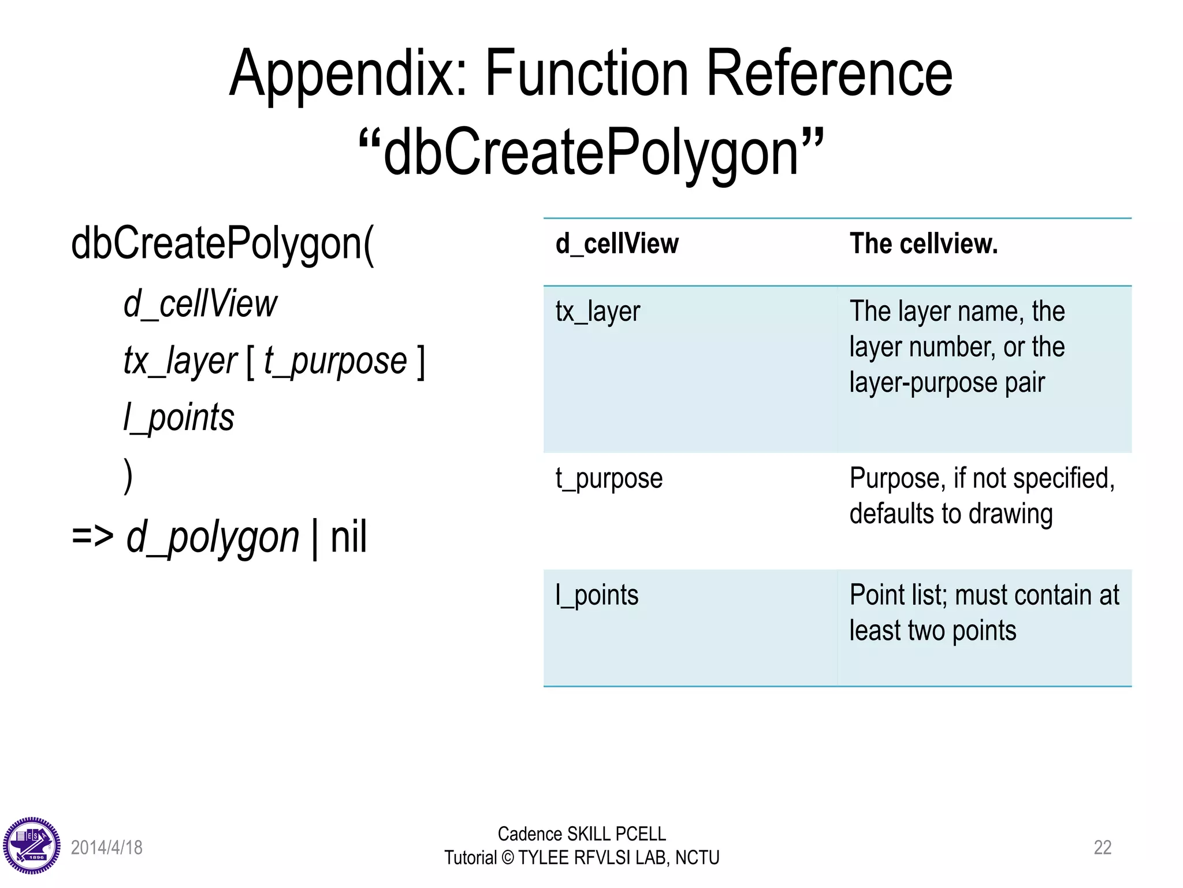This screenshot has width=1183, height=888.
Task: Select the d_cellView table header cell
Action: click(x=617, y=244)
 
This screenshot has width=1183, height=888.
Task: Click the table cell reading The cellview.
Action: click(x=923, y=244)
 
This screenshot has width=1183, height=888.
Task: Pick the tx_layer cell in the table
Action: click(x=598, y=312)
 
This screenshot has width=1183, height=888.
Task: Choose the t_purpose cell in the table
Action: click(x=609, y=479)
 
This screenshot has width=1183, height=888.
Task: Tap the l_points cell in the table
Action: click(x=597, y=595)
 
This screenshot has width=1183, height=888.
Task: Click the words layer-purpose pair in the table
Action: click(x=947, y=383)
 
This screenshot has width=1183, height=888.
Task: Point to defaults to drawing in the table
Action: click(x=951, y=514)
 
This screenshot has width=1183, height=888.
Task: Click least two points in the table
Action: click(x=932, y=631)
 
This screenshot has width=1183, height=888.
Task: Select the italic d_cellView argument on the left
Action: click(x=200, y=304)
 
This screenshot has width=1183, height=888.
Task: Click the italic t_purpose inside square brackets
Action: click(x=335, y=361)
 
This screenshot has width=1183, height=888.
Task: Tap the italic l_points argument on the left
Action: click(x=178, y=417)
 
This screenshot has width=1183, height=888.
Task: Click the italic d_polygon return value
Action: click(x=213, y=538)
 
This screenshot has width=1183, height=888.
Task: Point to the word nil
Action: click(x=348, y=538)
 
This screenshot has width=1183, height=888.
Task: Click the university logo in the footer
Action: click(x=32, y=846)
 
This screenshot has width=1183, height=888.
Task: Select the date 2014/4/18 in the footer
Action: click(x=106, y=848)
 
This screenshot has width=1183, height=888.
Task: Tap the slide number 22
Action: click(x=1102, y=848)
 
